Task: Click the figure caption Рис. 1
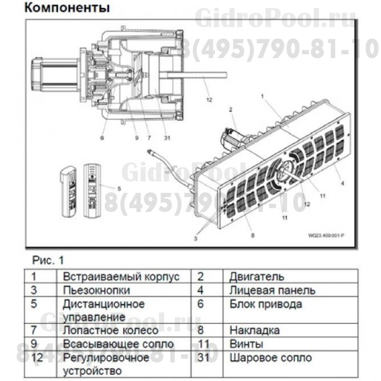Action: coord(48,261)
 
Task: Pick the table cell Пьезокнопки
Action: coord(96,290)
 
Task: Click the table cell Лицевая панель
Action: coord(272,290)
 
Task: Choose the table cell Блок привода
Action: coord(266,304)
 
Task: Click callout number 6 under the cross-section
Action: coord(101,138)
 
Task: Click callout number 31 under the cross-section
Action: coord(166,138)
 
